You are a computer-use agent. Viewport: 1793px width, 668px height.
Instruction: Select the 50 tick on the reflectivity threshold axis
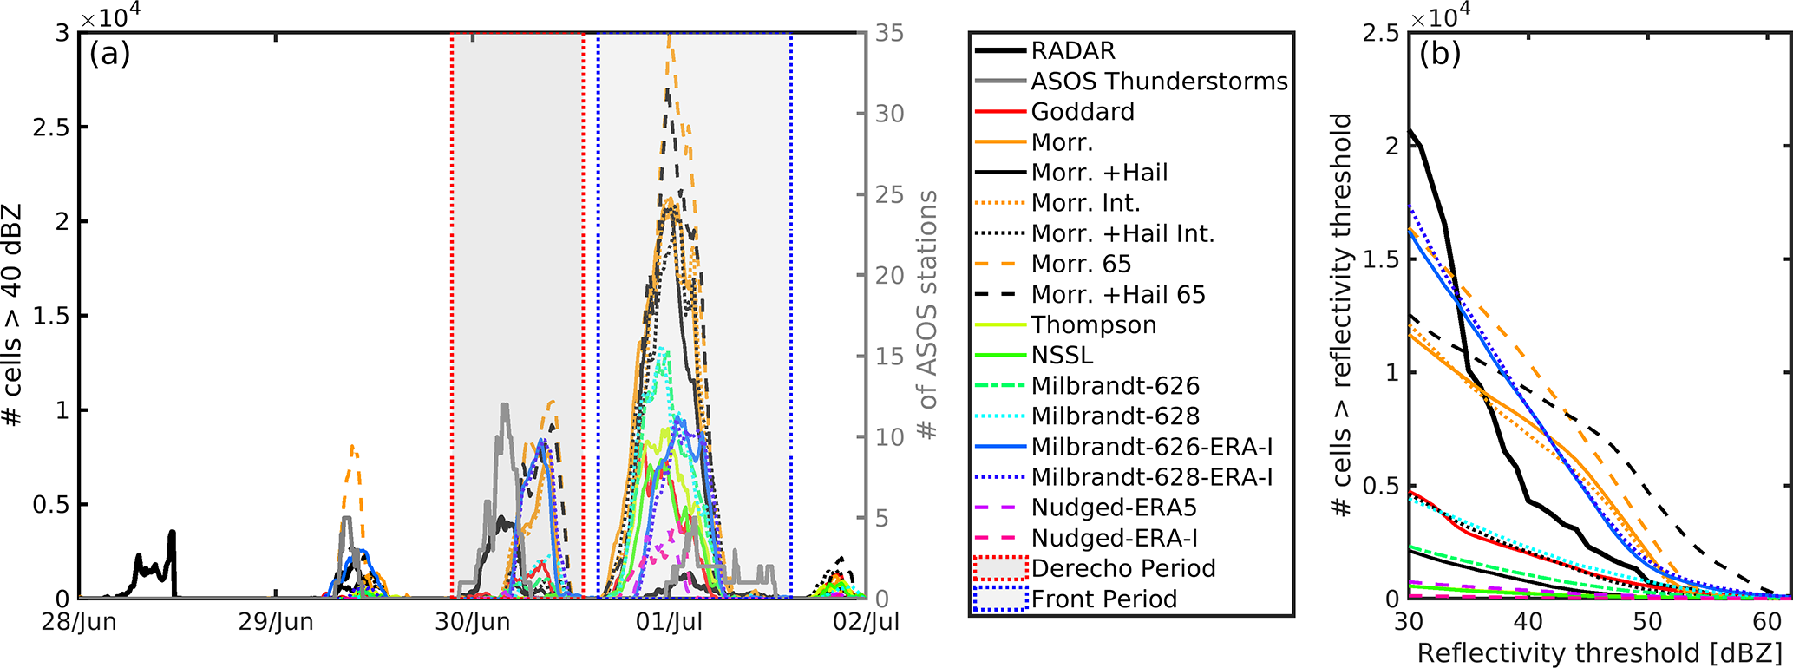point(1647,622)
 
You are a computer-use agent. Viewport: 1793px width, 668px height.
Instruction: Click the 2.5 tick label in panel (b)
point(1380,33)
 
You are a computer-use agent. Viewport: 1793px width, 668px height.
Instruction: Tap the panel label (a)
point(109,54)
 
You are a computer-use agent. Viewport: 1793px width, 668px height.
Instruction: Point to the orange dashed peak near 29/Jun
point(352,448)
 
